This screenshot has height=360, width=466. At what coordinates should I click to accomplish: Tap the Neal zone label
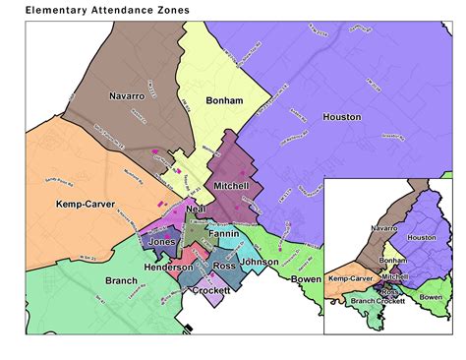pos(194,211)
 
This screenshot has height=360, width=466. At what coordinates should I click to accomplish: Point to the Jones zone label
pos(162,241)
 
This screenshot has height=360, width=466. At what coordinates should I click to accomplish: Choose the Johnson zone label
pos(259,263)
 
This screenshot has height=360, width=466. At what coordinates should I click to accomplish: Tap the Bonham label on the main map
pos(223,100)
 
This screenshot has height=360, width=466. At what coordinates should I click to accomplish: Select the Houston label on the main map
pos(341,117)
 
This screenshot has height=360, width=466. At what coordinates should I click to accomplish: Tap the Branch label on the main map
pos(92,281)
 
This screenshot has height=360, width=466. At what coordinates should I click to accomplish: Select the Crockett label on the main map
pos(211,291)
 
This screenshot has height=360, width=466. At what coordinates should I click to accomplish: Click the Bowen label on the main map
pos(307,280)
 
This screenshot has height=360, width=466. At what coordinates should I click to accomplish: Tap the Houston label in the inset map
pos(421,238)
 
